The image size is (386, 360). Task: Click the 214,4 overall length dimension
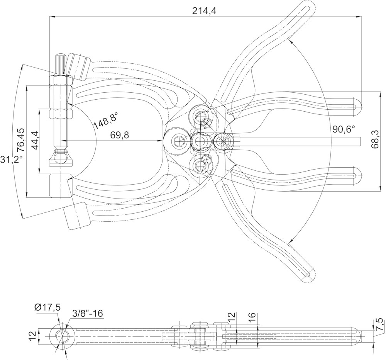[204, 11]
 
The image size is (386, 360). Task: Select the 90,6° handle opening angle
[344, 129]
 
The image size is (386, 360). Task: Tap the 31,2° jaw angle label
[7, 158]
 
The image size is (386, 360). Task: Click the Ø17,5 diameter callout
[47, 307]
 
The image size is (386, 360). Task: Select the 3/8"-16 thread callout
[87, 314]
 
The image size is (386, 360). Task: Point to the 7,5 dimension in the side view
[379, 325]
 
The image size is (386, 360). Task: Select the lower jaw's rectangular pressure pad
[61, 185]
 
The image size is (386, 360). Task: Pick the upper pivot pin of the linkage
[201, 115]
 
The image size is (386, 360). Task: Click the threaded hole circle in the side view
[61, 335]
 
